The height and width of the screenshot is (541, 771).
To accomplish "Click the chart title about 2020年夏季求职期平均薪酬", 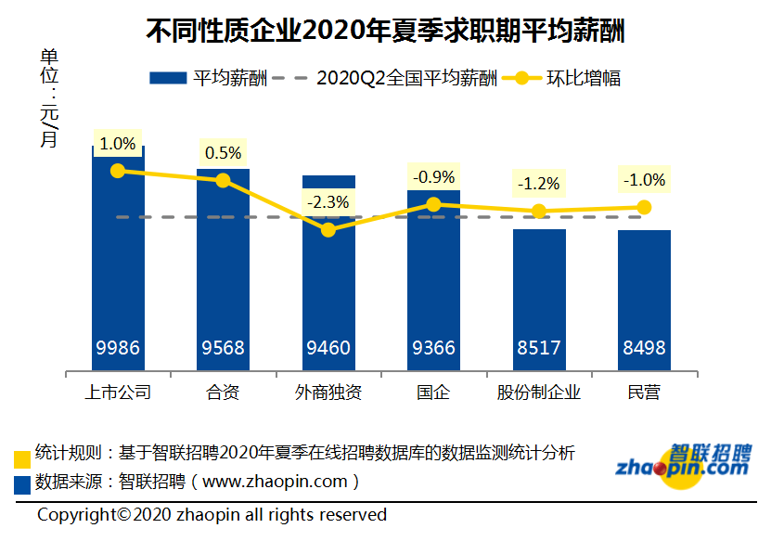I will pos(385,31).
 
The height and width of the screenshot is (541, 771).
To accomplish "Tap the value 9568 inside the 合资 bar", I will pos(223,348).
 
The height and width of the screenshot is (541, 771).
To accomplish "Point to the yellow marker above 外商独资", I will pos(328,228).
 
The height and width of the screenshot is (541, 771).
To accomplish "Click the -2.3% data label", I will pos(328,201).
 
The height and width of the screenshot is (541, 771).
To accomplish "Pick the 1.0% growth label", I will pos(118,144).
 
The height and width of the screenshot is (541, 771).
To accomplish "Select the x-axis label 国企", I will pos(433,393).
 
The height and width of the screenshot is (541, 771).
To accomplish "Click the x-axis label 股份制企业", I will pos(539,393).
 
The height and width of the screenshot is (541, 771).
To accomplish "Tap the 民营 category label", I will pos(644,393).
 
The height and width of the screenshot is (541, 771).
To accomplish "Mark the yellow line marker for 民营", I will pos(644,207).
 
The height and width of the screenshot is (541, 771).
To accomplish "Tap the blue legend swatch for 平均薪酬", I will pos(169,78).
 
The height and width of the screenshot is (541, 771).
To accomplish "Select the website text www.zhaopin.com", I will pos(274,482).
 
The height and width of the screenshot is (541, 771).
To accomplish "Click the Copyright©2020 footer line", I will pos(212,514).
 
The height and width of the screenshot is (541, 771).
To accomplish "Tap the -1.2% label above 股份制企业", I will pos(539,184).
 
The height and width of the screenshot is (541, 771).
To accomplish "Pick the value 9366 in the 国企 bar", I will pos(433,348).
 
